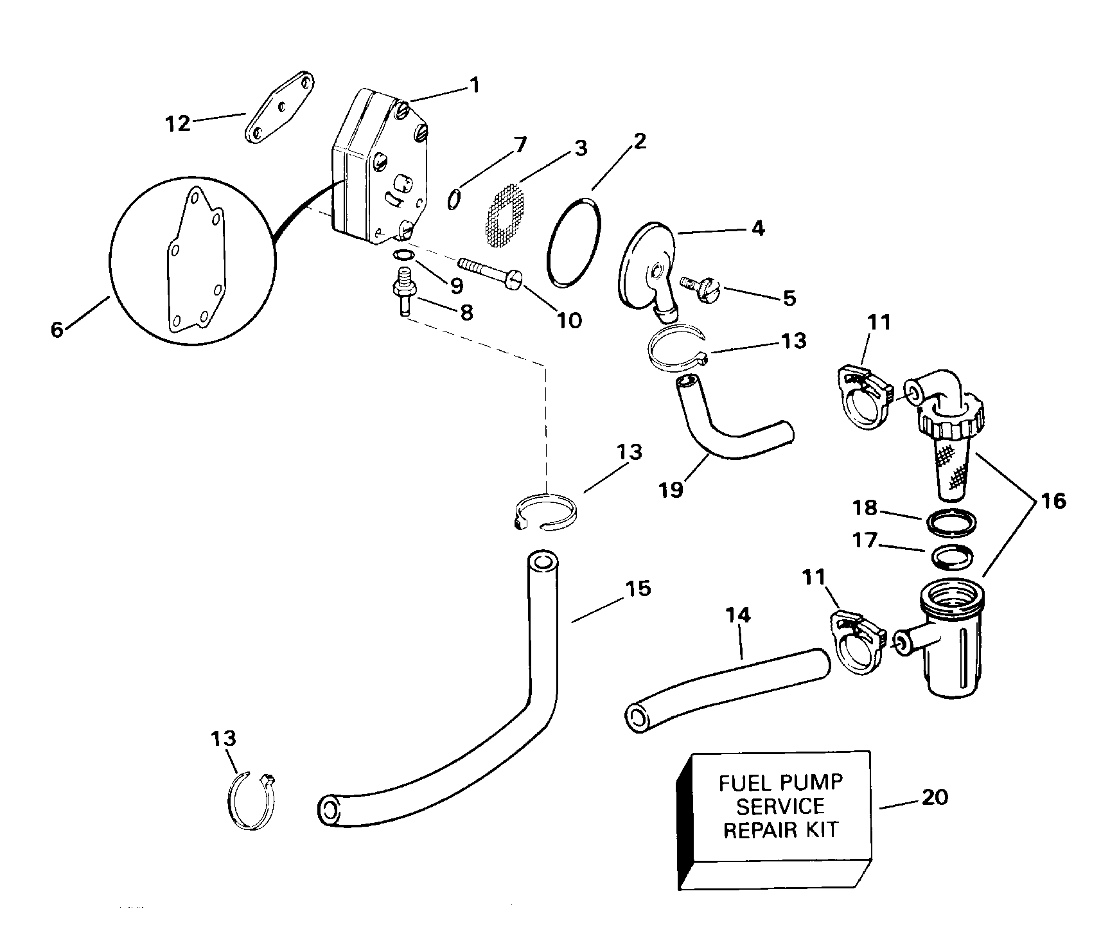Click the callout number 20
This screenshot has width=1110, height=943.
coord(935,797)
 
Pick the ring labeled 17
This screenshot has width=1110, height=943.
coord(951,556)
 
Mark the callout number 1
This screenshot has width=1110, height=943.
coord(474,85)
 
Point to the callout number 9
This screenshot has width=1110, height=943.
coord(456,285)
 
